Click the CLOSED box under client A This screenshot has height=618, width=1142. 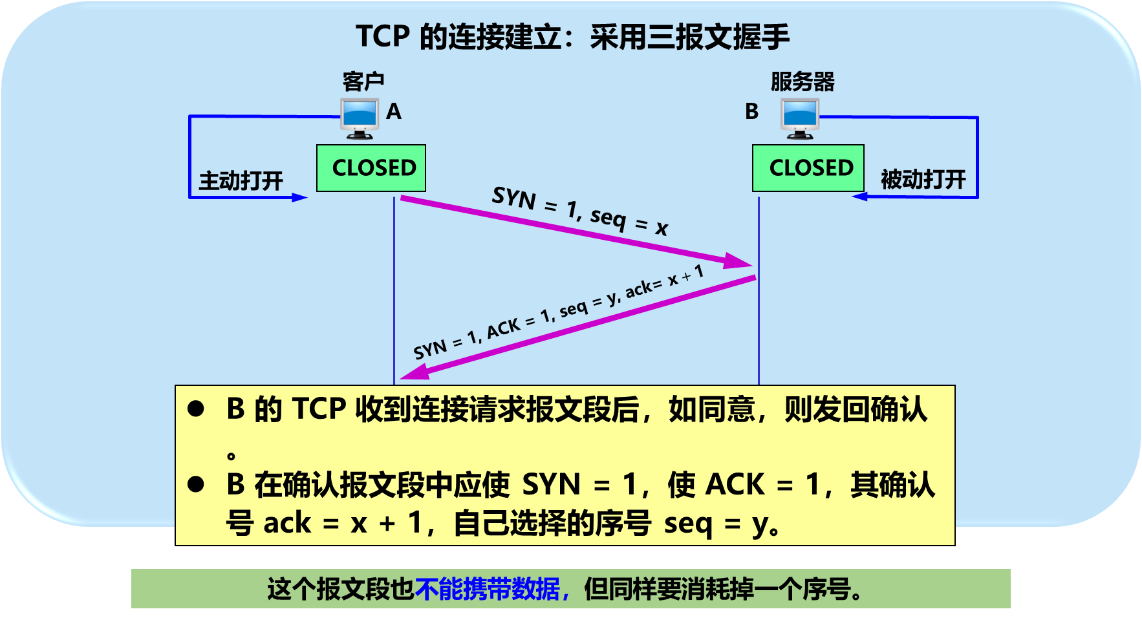click(371, 168)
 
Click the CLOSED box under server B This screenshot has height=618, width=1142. click(808, 168)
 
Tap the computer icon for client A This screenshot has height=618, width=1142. click(360, 118)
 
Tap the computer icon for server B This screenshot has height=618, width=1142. click(800, 118)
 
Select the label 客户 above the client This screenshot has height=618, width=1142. click(363, 82)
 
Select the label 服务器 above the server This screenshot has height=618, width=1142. click(803, 82)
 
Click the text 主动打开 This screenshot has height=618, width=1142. click(241, 180)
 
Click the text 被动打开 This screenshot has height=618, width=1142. click(923, 179)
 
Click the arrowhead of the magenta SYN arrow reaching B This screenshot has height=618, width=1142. click(739, 261)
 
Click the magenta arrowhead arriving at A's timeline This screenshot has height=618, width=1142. click(414, 373)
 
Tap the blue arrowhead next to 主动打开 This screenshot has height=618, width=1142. click(299, 197)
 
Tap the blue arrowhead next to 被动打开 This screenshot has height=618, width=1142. click(860, 197)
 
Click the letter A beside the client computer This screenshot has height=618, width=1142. click(394, 112)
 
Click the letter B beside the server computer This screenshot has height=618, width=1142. click(751, 112)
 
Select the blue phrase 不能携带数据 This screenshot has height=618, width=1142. click(489, 589)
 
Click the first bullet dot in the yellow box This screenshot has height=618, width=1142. click(196, 409)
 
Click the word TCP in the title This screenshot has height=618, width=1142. click(383, 37)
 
